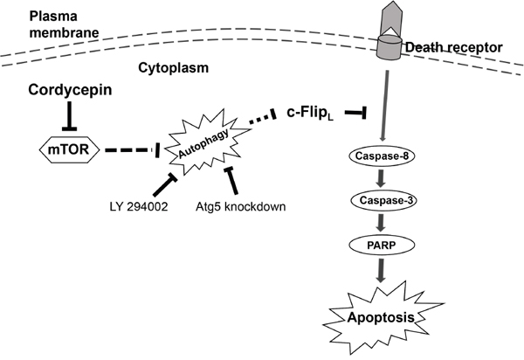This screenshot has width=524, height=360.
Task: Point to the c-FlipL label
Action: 312,113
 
